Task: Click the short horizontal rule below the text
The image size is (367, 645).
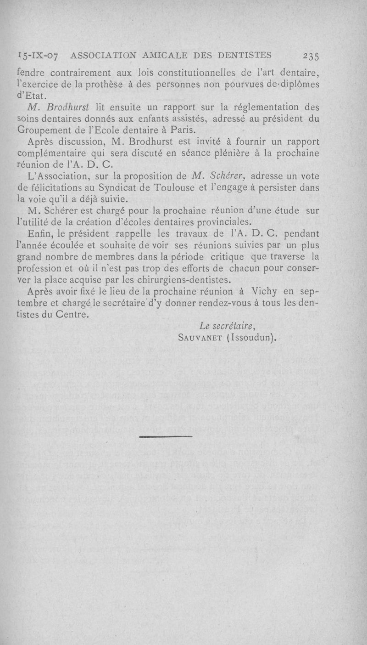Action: click(x=165, y=436)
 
